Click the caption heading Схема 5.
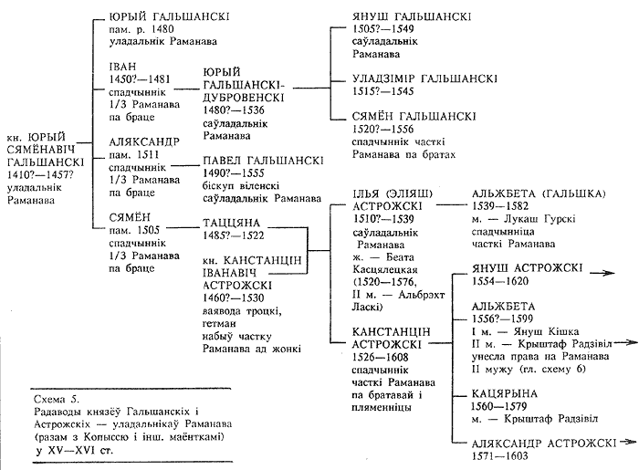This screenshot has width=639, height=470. coord(57,399)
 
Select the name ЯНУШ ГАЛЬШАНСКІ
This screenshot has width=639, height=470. coord(412,16)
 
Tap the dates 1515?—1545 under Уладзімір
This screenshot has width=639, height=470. coord(383,91)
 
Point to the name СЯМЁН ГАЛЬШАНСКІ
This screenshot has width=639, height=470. coord(414,117)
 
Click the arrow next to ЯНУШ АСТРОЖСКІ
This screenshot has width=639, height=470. coord(602,273)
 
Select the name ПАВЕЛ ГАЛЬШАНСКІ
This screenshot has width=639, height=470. coord(263,161)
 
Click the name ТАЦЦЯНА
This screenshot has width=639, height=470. coord(232,224)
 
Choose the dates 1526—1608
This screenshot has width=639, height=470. coord(381,357)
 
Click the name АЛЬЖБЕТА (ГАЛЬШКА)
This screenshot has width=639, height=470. coord(539,193)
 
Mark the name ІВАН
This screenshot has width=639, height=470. coord(122,67)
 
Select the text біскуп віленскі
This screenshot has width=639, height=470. coord(241,186)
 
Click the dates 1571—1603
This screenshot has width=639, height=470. coord(499,455)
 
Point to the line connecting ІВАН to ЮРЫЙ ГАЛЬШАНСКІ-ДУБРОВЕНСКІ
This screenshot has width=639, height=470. coord(186,89)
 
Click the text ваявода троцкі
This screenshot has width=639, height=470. coord(243,311)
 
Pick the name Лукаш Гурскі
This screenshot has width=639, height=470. coord(540,219)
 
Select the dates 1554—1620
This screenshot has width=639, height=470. coord(500,281)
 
